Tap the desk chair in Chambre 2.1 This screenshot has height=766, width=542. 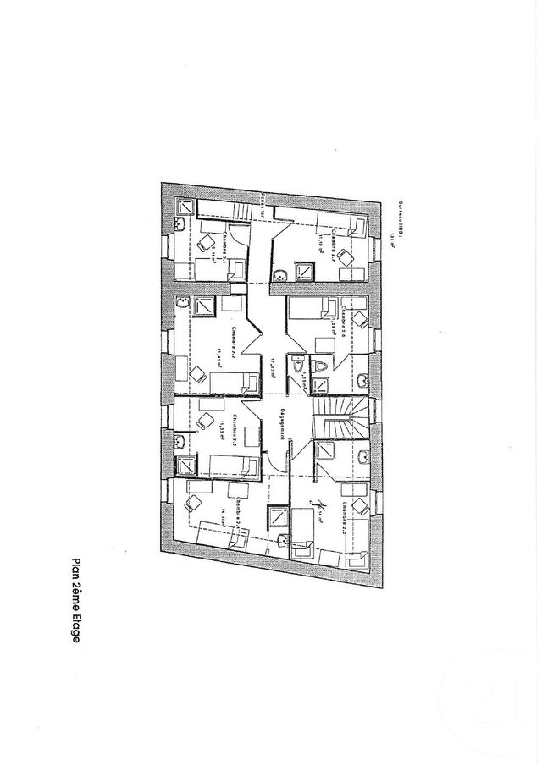tap(204, 243)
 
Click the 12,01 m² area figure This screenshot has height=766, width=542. tap(274, 366)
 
